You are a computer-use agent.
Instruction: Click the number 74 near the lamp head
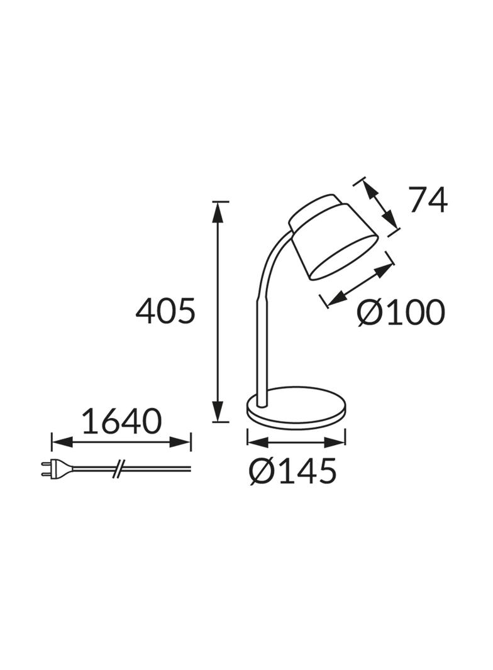click(428, 199)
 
